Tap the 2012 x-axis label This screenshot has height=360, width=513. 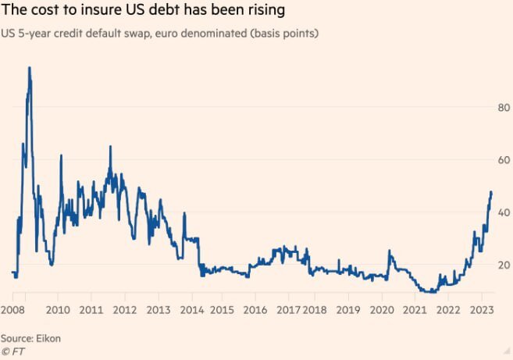[125, 310]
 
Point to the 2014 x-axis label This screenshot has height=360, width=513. [191, 310]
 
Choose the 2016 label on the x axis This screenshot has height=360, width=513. [255, 310]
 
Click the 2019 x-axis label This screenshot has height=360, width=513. [348, 310]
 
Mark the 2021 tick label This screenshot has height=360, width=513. [415, 310]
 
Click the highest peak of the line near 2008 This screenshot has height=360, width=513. [30, 68]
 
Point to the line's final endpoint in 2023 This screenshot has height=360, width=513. [491, 191]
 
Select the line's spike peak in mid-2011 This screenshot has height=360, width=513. [110, 147]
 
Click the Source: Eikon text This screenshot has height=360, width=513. [30, 338]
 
